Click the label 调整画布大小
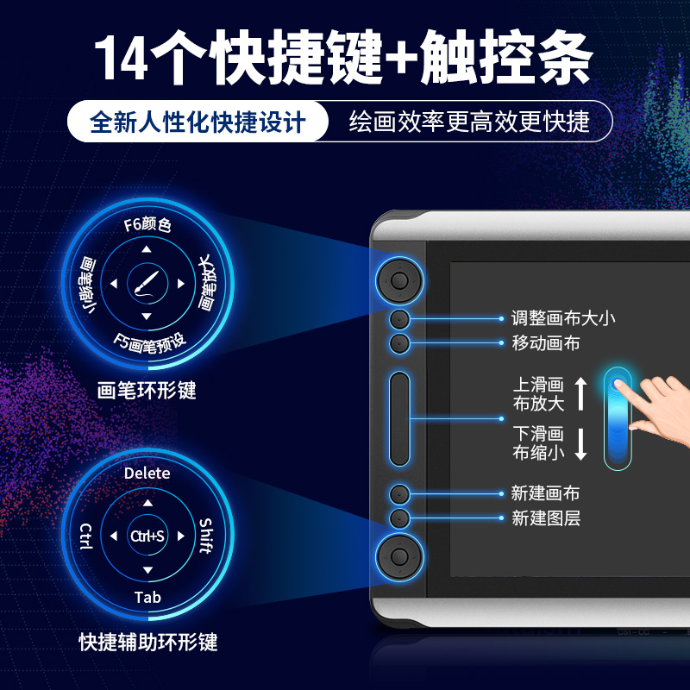click(x=563, y=318)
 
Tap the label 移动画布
click(x=546, y=342)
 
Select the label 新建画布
click(x=545, y=493)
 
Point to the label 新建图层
click(x=546, y=518)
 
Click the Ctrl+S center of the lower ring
click(x=147, y=536)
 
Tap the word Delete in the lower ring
click(x=147, y=473)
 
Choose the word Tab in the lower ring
click(x=147, y=597)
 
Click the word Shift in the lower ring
click(x=206, y=536)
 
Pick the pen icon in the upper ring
click(x=147, y=284)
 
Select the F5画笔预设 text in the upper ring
click(x=149, y=343)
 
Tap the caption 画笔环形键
click(x=147, y=391)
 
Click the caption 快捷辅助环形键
click(x=148, y=642)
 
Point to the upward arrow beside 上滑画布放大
click(x=580, y=394)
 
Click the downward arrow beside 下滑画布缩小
click(x=580, y=443)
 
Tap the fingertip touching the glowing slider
click(x=618, y=384)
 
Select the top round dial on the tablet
click(x=399, y=280)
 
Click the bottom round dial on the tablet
click(x=399, y=556)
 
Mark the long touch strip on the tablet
click(x=399, y=418)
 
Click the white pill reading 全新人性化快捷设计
click(x=198, y=122)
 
